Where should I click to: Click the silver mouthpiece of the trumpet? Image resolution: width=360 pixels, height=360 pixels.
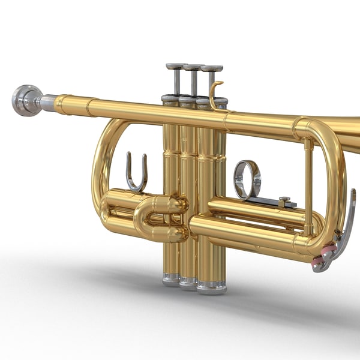(x=27, y=100)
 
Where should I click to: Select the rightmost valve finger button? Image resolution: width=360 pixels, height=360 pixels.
(x=212, y=69)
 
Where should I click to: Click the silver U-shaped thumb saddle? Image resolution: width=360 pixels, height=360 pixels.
(x=136, y=174)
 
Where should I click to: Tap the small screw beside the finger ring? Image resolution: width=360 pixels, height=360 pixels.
(x=284, y=199)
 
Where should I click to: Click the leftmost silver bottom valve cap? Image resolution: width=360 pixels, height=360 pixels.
(x=171, y=279)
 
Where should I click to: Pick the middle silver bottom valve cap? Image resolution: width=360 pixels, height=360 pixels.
(x=188, y=282)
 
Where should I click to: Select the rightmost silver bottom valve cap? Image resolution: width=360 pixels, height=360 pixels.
(x=211, y=286)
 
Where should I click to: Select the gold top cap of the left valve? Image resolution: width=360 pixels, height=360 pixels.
(x=170, y=99)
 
